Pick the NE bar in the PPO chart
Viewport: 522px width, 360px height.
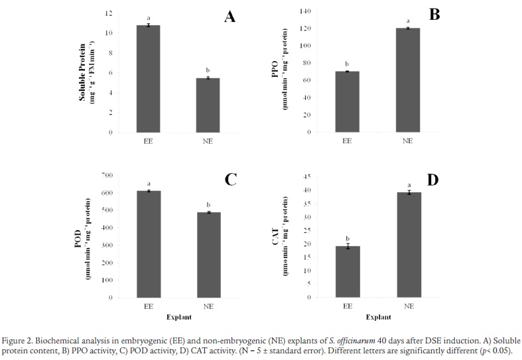[x=408, y=80]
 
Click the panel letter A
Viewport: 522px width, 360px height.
[x=229, y=17]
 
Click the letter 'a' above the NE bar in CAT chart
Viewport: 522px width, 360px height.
[x=408, y=185]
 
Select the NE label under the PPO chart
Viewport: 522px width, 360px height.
[x=408, y=141]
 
